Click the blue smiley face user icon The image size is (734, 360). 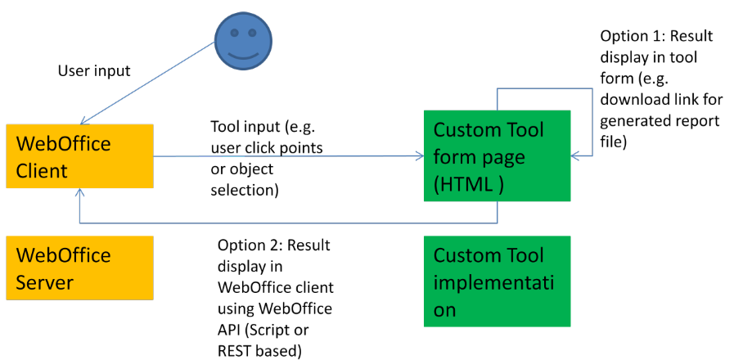(x=242, y=41)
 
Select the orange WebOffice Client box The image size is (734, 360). (x=79, y=156)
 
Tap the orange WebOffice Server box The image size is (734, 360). (x=79, y=268)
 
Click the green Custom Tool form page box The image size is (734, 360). (x=497, y=156)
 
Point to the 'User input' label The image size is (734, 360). (x=93, y=71)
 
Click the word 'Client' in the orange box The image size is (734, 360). (x=42, y=171)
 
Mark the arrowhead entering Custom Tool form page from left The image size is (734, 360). (x=418, y=156)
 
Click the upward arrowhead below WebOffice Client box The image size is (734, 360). (x=79, y=194)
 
